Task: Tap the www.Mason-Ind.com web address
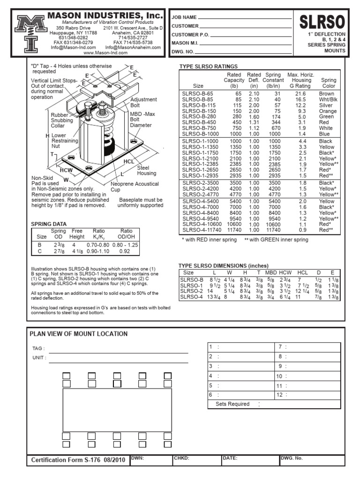(106, 52)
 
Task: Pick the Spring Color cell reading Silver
(326, 105)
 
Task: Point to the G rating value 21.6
(301, 94)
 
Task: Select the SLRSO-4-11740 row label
(202, 230)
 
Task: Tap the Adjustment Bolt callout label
(143, 103)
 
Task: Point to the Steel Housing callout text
(146, 170)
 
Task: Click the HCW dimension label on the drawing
(66, 170)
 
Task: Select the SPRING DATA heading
(49, 224)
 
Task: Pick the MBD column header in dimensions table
(270, 272)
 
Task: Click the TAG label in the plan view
(38, 349)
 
